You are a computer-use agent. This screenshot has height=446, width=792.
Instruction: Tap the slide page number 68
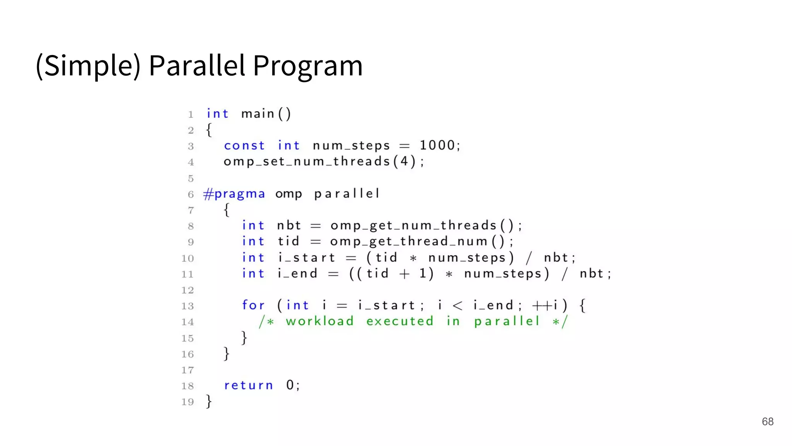[767, 421]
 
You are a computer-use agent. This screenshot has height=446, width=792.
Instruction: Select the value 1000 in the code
[437, 146]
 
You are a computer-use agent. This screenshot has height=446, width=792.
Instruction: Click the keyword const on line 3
[244, 146]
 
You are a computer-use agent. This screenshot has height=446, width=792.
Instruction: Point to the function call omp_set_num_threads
[307, 161]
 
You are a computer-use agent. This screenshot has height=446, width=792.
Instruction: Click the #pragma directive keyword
[234, 194]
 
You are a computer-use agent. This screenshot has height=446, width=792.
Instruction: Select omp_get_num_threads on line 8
[413, 226]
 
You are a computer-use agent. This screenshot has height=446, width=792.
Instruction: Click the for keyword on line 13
[253, 305]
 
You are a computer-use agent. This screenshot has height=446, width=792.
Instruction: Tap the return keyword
[248, 385]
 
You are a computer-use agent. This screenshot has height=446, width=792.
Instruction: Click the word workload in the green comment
[320, 321]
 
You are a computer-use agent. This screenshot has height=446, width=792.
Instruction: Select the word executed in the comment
[400, 321]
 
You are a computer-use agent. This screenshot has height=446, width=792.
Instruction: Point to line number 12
[188, 290]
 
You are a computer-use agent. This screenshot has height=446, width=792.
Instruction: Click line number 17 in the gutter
[188, 370]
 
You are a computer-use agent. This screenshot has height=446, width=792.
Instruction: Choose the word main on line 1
[258, 114]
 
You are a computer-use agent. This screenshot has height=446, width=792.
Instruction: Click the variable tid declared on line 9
[288, 242]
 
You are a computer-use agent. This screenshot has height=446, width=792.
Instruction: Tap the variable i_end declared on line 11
[297, 274]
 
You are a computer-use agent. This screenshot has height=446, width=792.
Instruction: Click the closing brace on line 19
[209, 401]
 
